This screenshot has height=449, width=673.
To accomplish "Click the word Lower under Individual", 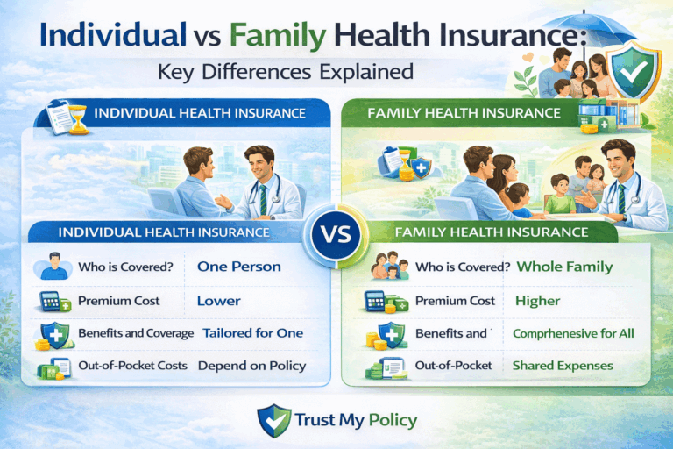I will [218, 301].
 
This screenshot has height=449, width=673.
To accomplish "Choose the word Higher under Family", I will [538, 301].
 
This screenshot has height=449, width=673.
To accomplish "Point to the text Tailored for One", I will [252, 333].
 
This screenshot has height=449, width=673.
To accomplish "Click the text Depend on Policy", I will [251, 366].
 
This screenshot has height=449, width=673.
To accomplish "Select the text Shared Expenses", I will [550, 366].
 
